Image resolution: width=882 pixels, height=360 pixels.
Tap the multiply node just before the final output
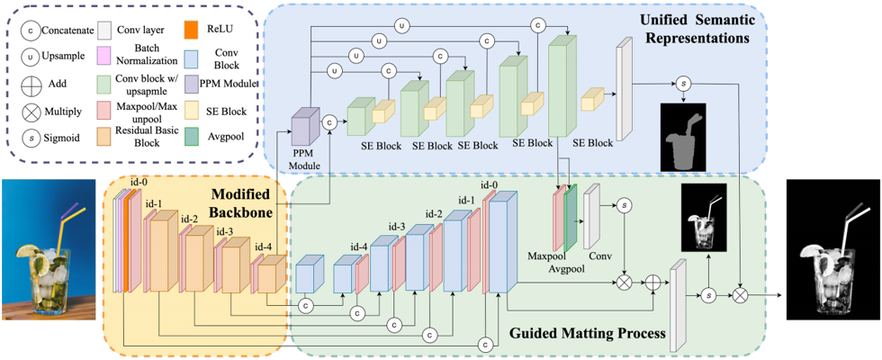tap(741, 293)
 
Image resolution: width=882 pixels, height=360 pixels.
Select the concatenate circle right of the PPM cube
tap(329, 121)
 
